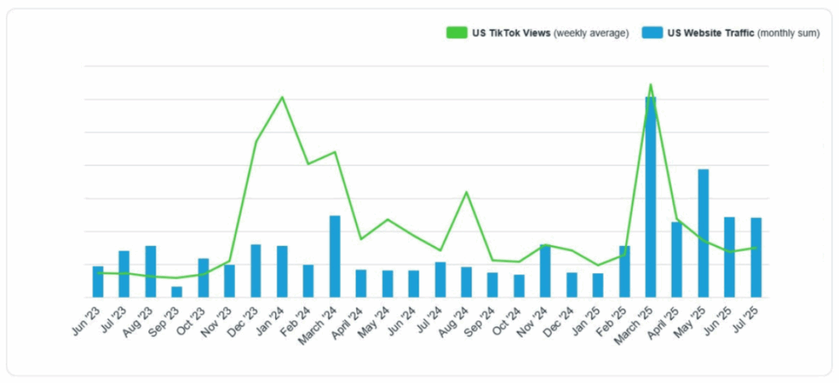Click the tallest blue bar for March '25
651,197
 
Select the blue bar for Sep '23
176,291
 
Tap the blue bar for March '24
334,256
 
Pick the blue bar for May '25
703,233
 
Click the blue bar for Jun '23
98,281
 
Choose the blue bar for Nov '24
545,271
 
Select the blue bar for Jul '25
755,257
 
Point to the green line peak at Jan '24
282,98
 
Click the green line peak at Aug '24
466,192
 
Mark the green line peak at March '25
651,84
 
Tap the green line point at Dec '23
256,142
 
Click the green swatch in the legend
456,33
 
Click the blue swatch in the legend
651,33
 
